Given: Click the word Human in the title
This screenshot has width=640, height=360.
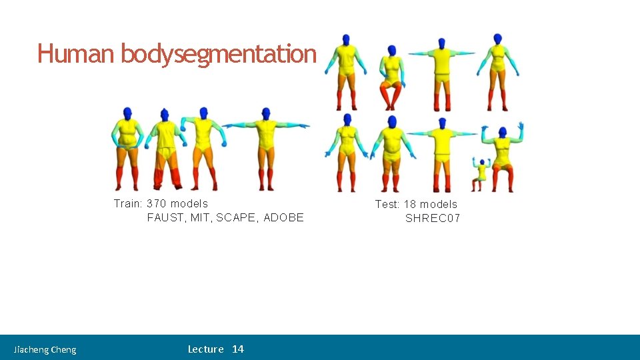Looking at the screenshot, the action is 76,53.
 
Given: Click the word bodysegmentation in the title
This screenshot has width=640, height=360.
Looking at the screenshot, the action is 218,53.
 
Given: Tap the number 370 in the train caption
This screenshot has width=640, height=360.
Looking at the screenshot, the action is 156,203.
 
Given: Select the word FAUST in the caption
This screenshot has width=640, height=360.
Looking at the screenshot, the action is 165,217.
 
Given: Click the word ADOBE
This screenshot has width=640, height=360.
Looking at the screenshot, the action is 283,217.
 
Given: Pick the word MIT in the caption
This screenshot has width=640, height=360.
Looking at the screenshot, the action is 200,217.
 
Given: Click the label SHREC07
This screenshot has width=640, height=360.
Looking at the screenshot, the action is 433,218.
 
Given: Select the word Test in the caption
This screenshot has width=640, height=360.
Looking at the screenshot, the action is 387,204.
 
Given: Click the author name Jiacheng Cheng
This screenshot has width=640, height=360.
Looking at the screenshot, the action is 45,349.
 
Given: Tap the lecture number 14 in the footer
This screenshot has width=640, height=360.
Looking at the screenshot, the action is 238,349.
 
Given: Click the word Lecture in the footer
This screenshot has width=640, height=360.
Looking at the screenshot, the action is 205,349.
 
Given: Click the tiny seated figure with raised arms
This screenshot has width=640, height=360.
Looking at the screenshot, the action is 481,171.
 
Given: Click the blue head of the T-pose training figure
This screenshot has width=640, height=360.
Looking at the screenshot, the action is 266,113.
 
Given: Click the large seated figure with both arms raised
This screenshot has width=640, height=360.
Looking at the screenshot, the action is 503,157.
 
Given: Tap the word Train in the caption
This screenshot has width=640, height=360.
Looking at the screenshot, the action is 127,203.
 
